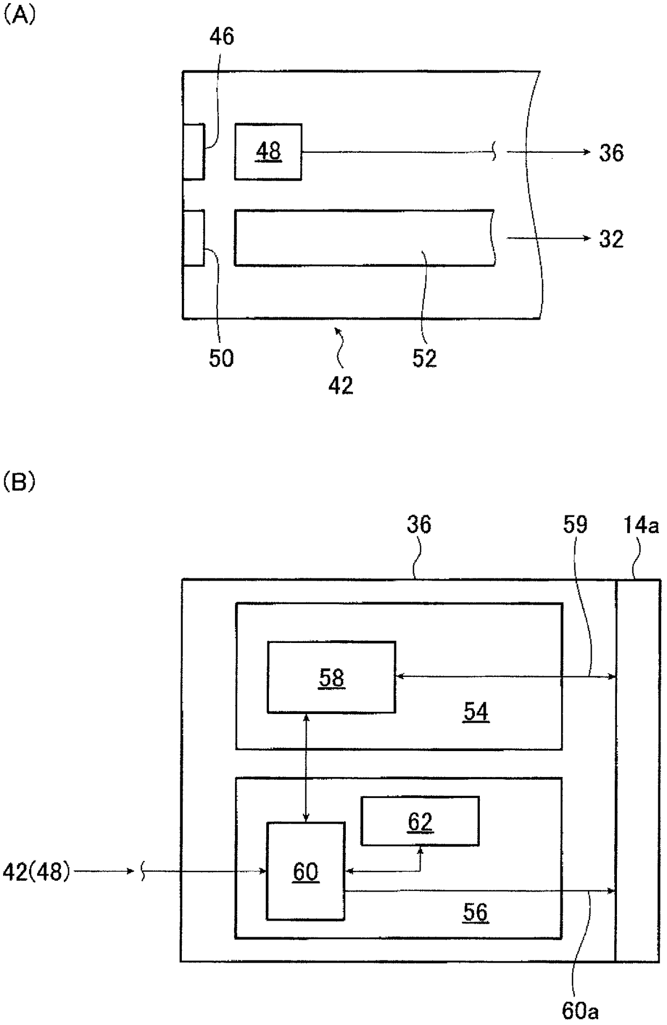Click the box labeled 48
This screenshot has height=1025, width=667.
(x=268, y=152)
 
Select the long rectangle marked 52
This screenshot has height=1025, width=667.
(x=364, y=237)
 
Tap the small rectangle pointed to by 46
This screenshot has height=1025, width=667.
(x=194, y=151)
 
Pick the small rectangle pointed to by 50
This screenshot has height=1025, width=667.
(x=194, y=238)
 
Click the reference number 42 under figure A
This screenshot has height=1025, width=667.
(x=340, y=385)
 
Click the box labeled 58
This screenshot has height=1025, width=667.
(x=331, y=677)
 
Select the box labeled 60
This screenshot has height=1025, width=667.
(x=306, y=871)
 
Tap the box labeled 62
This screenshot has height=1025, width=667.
(x=420, y=821)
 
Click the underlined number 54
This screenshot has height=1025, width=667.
(x=476, y=712)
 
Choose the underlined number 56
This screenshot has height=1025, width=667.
(x=476, y=912)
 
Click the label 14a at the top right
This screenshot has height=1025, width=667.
(x=641, y=524)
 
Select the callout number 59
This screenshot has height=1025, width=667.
(x=575, y=524)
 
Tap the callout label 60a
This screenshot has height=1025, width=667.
(x=580, y=1011)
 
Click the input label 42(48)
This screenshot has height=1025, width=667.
(x=37, y=872)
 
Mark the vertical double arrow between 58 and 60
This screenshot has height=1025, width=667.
(x=306, y=767)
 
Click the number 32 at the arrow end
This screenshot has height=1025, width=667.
(x=611, y=239)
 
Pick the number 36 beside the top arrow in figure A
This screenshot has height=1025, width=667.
(x=611, y=153)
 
